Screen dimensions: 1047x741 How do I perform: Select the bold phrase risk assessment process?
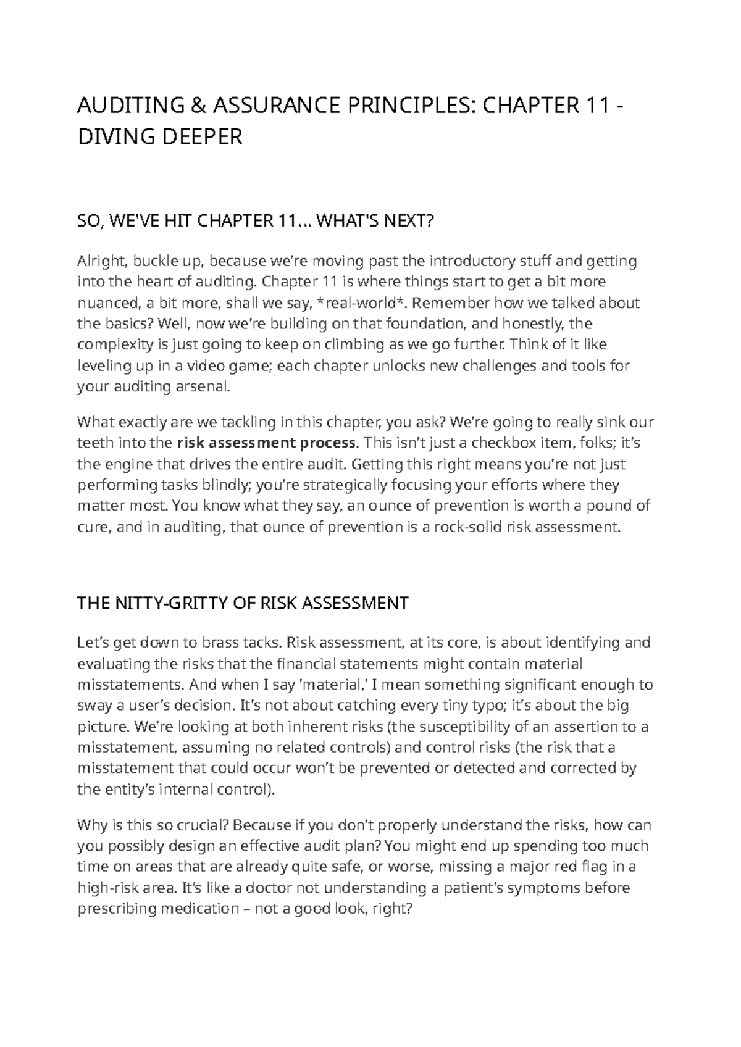(x=267, y=443)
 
